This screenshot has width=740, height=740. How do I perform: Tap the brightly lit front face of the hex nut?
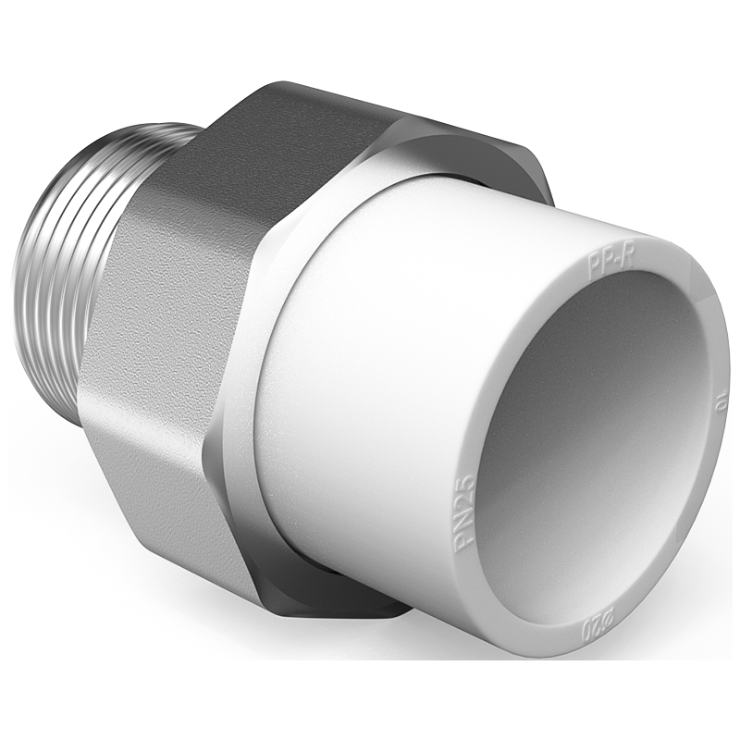[157, 370]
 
